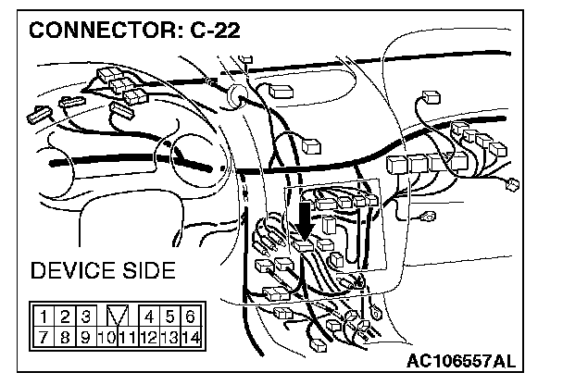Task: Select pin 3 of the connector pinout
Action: [x=83, y=316]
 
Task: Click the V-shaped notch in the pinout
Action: [x=116, y=316]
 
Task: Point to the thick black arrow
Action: [x=305, y=223]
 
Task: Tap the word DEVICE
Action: [x=74, y=271]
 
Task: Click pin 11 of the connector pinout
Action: [x=126, y=336]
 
